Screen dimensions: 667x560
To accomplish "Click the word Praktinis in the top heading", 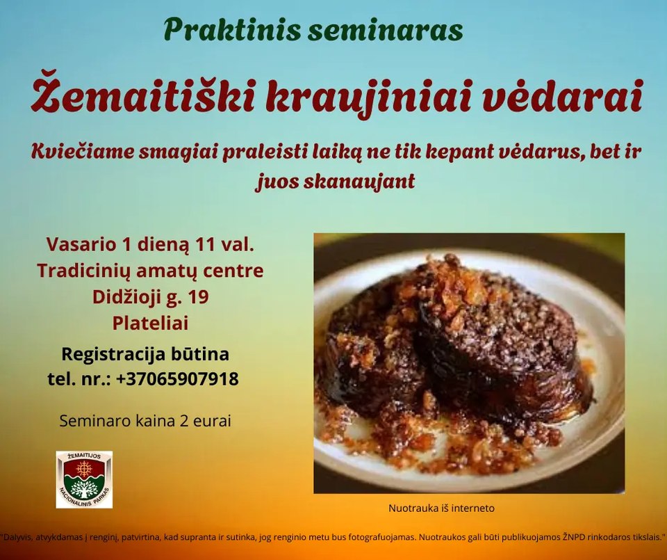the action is [232, 30].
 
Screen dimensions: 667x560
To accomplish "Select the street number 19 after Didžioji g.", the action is [198, 297].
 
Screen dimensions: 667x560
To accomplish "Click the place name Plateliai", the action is [150, 323].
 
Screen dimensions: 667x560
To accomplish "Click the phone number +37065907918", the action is [177, 378].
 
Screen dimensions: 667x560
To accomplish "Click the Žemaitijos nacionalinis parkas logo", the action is [84, 479].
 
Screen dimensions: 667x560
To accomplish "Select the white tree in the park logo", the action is [84, 489].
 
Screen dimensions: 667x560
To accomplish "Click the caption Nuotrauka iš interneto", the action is [442, 508].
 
